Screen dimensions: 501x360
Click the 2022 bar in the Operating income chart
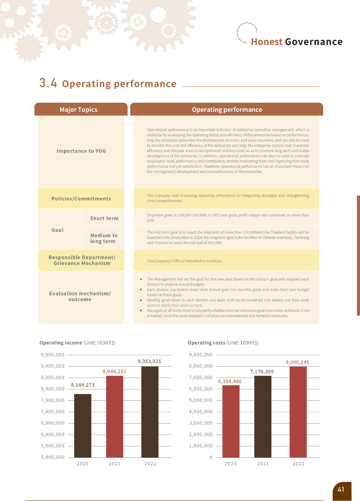(150, 412)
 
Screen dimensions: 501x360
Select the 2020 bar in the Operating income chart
(83, 426)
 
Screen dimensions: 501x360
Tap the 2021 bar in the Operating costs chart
(263, 416)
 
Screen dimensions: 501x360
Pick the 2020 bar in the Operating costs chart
(231, 421)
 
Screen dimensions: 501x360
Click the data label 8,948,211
(115, 371)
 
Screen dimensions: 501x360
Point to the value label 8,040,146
(297, 362)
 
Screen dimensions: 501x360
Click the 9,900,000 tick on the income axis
(53, 355)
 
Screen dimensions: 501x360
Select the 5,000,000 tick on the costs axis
(201, 400)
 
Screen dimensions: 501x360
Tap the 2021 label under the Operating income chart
(115, 464)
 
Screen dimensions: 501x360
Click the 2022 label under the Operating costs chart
(298, 464)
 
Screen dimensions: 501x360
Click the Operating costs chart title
(223, 343)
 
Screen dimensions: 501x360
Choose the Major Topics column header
(79, 110)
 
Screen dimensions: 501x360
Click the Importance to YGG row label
(81, 151)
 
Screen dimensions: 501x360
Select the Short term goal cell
(104, 218)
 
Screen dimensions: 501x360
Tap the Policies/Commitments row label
(81, 199)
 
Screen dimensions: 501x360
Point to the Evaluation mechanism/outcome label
(80, 296)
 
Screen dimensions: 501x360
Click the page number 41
(341, 489)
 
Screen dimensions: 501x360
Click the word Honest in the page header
(267, 42)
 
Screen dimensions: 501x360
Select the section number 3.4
(48, 83)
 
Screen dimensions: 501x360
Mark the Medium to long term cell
(104, 238)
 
